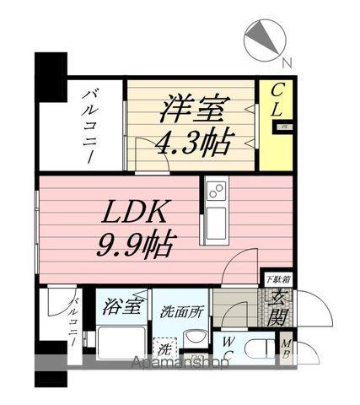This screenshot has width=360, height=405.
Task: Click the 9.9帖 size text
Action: pos(135,246)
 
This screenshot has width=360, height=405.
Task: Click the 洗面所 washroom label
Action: pos(180,310)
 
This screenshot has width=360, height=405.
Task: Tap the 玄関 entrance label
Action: pos(277,309)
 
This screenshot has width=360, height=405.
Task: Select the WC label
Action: pos(228,348)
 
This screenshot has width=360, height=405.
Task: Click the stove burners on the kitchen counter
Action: pos(215,192)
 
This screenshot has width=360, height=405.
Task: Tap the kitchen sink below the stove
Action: pos(215,223)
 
